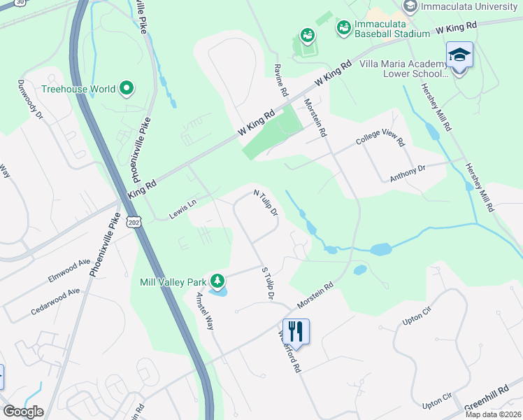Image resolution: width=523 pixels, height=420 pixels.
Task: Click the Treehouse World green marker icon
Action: pyautogui.click(x=127, y=88)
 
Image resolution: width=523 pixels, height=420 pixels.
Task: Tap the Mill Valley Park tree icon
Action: pyautogui.click(x=217, y=281)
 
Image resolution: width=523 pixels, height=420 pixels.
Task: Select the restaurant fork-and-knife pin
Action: pyautogui.click(x=296, y=331)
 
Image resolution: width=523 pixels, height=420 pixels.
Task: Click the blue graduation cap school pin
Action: pyautogui.click(x=459, y=55)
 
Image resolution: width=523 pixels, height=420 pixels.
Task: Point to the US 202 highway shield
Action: pyautogui.click(x=133, y=221)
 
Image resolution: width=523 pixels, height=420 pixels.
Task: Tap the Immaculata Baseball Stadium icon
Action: pyautogui.click(x=343, y=28)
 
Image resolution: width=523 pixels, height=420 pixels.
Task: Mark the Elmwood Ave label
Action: pyautogui.click(x=69, y=271)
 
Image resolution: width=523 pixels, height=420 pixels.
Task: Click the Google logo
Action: pyautogui.click(x=23, y=412)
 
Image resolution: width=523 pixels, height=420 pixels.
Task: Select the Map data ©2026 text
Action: pyautogui.click(x=493, y=414)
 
